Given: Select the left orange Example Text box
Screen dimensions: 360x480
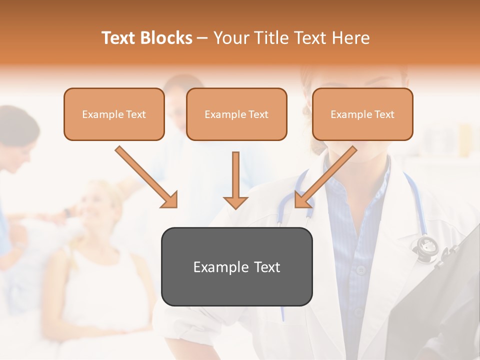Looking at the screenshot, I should [x=114, y=114].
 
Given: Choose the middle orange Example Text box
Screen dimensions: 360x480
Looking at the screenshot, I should [x=236, y=114].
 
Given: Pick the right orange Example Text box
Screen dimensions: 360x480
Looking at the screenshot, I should [x=362, y=114].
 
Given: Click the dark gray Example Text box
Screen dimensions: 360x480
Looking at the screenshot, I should [x=236, y=267].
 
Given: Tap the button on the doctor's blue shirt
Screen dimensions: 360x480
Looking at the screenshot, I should [x=360, y=270].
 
